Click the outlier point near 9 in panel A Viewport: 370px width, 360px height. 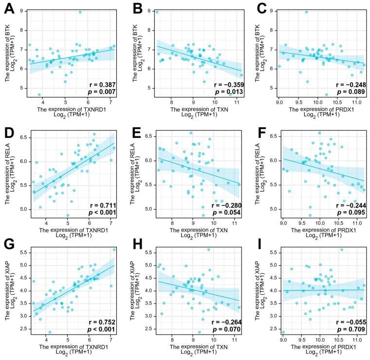[80, 12]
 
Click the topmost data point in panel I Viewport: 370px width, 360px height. [341, 249]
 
